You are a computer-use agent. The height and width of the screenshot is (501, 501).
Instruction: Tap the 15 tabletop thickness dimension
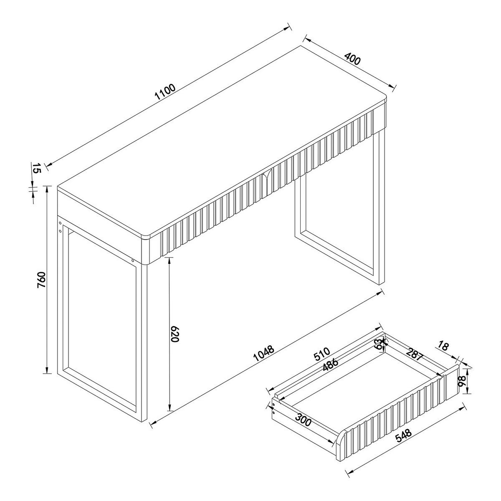pos(36,169)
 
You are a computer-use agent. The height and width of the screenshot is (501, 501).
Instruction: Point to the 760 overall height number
pos(40,279)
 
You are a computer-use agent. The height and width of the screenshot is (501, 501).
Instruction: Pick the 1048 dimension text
pos(264,353)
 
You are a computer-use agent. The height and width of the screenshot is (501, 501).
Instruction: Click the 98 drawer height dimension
pos(461,381)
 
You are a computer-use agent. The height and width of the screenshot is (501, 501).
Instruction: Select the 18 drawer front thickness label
pos(443,346)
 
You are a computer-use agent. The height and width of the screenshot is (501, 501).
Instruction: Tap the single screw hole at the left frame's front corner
pos(133,261)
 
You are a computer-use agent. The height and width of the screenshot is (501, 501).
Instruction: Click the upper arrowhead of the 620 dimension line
pos(170,260)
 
